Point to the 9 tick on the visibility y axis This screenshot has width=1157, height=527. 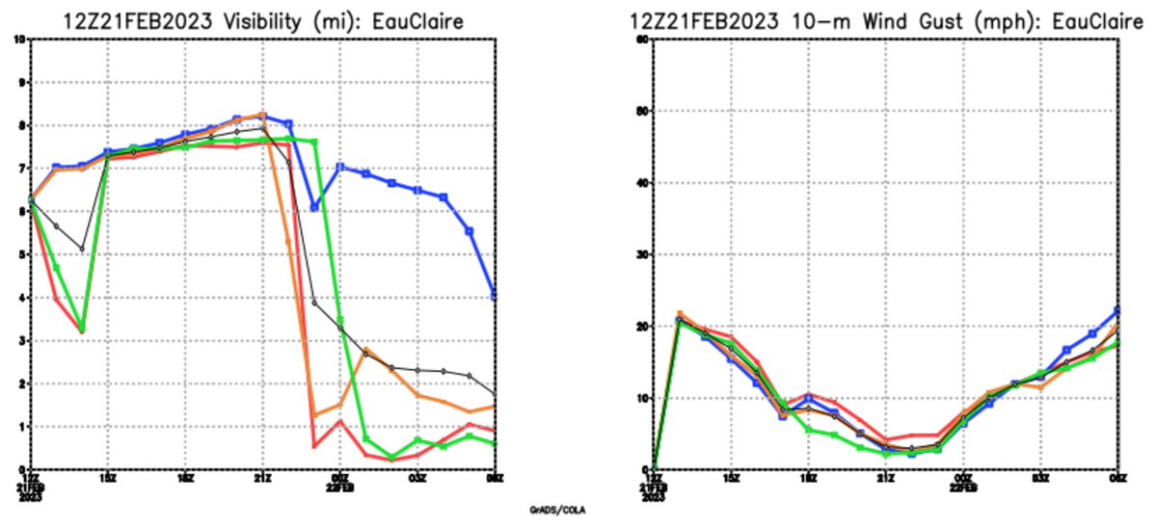tap(21, 82)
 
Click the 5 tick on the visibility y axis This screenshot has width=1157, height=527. tap(21, 254)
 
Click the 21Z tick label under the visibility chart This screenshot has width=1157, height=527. tap(261, 478)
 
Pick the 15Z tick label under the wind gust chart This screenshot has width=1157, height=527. tap(731, 478)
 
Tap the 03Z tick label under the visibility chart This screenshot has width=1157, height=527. tap(417, 478)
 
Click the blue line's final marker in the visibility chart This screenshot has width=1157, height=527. tap(495, 296)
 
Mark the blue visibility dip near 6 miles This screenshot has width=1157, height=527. tap(313, 207)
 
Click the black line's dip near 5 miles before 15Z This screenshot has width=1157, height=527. tap(82, 249)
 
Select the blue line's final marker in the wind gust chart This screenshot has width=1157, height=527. tap(1117, 310)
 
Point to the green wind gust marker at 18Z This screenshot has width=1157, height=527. tap(808, 430)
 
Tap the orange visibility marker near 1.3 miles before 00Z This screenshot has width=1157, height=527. tap(313, 415)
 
